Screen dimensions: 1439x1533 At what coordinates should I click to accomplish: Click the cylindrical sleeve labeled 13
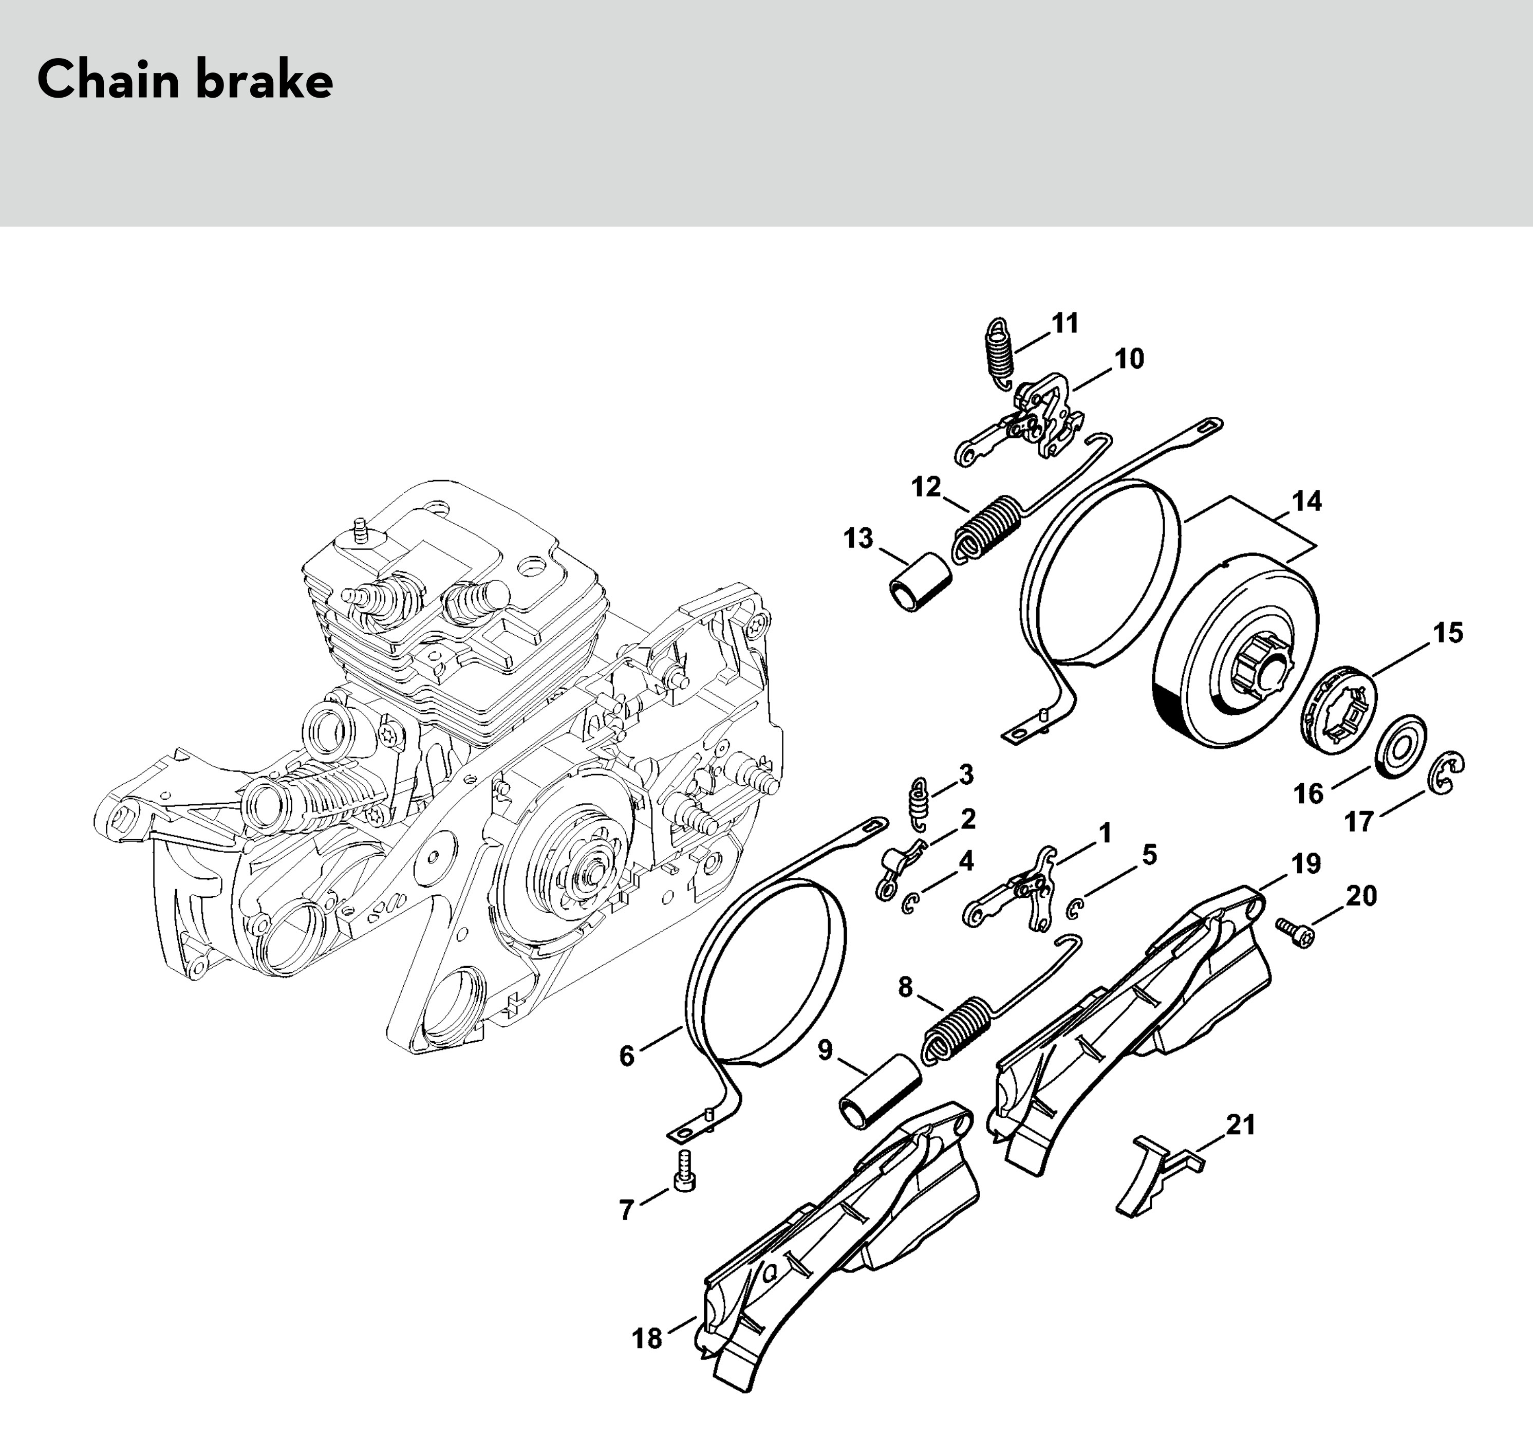click(x=917, y=582)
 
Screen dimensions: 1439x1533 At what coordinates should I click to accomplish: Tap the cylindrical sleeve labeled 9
click(x=880, y=1091)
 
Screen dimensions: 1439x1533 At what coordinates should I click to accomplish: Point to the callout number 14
click(x=1306, y=502)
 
